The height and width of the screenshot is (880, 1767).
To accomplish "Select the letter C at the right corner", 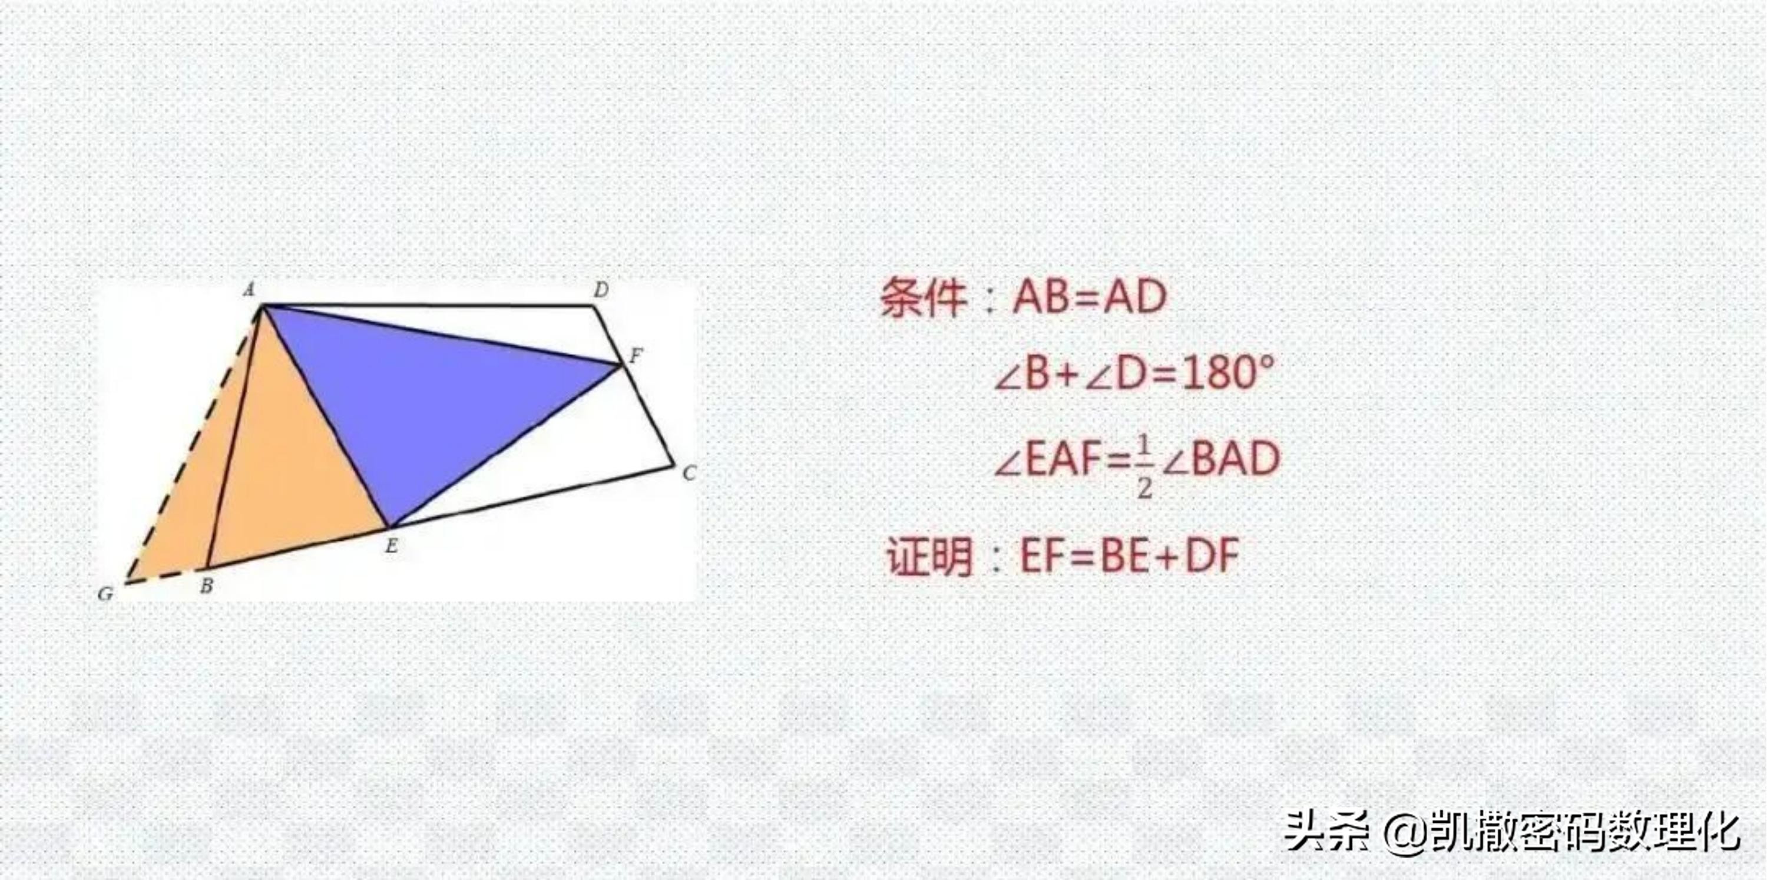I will [x=689, y=472].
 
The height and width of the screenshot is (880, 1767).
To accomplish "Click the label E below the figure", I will [x=391, y=546].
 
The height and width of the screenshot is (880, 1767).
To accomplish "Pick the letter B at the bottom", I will [x=206, y=585].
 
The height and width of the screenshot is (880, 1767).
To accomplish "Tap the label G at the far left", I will [x=105, y=593].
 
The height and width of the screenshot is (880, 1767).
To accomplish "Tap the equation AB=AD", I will [x=1089, y=297].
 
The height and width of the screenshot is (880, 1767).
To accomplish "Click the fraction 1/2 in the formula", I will [x=1143, y=467].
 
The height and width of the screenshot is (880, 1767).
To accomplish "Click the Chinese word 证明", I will [x=929, y=555].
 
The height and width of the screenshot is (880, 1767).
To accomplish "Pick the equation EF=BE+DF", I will [x=1130, y=555].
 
